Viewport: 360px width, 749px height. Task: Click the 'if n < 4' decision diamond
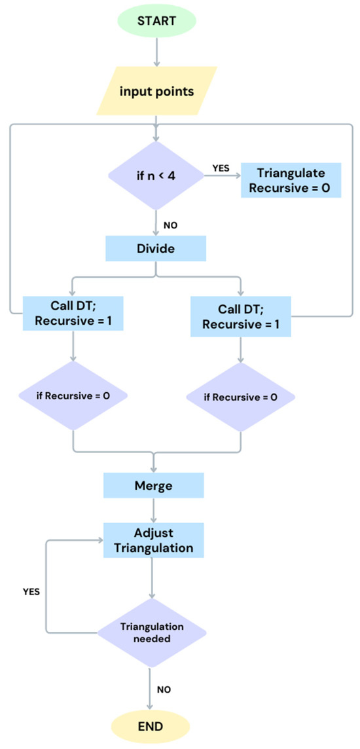point(155,176)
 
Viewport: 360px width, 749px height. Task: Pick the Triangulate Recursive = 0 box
point(292,180)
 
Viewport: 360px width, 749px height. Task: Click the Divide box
point(155,249)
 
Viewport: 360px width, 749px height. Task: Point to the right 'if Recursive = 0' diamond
point(241,397)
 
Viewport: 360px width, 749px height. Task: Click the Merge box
point(154,486)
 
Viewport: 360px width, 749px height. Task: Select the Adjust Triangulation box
point(154,539)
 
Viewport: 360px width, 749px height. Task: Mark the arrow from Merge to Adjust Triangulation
point(154,510)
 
